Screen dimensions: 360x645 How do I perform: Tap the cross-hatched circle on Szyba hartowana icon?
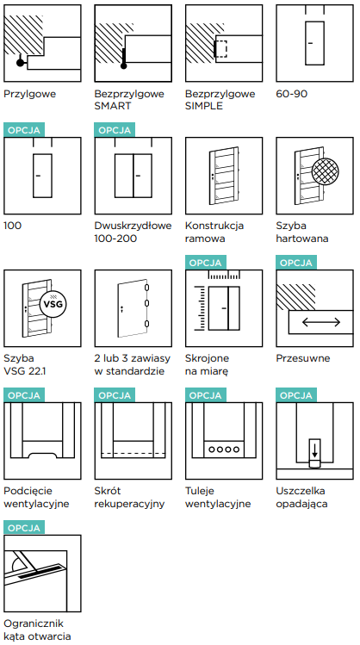point(326,171)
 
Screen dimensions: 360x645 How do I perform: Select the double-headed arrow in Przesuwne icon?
point(321,322)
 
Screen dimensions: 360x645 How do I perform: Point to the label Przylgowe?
point(29,94)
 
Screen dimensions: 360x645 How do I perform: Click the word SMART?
point(113,106)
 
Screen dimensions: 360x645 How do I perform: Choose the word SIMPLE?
point(203,106)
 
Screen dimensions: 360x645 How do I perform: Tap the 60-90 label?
point(292,94)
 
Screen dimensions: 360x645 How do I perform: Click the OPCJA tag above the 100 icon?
point(24,130)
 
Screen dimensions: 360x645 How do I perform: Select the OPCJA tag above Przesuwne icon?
point(296,263)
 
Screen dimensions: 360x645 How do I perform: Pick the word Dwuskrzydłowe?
point(133,226)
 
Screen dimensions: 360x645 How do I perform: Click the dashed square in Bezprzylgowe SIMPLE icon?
point(221,49)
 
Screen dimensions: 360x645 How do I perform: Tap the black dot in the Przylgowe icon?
point(20,63)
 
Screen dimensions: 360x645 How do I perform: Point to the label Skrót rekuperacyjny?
point(129,498)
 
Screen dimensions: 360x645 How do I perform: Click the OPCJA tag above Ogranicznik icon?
point(24,528)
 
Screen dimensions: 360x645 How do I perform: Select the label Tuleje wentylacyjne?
point(218,498)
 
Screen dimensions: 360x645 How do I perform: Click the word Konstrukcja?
point(214,226)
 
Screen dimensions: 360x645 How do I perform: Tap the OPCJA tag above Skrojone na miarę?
point(206,263)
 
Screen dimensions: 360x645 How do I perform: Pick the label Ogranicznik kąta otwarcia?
point(37,629)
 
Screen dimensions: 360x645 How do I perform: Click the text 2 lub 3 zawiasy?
point(133,358)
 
